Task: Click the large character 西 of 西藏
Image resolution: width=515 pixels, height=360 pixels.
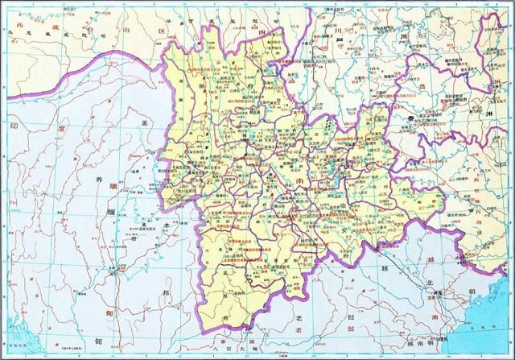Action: pyautogui.click(x=18, y=27)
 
